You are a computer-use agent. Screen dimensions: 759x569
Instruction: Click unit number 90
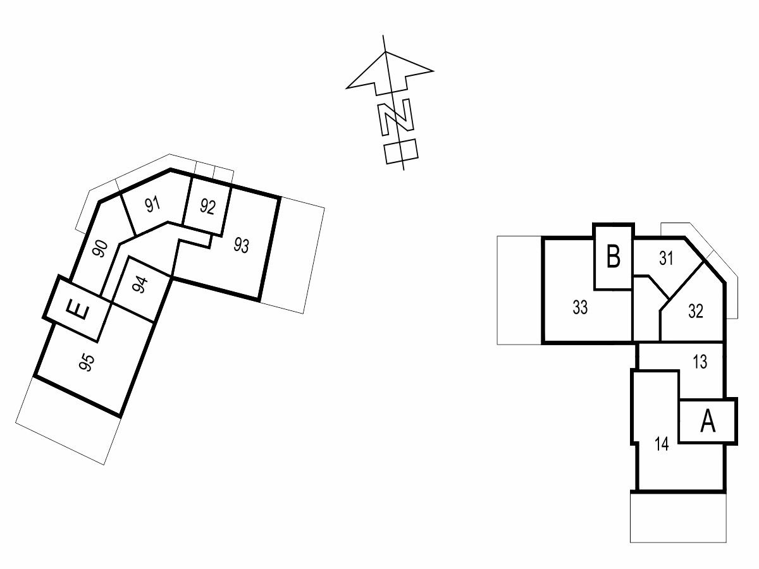(101, 248)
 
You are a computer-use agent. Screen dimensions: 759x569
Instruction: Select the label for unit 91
(152, 204)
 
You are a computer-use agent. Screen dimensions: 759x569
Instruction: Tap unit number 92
(208, 207)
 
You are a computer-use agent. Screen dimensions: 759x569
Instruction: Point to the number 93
(242, 245)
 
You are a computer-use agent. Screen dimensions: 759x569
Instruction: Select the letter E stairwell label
(78, 310)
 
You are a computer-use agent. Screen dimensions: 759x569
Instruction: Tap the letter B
(613, 256)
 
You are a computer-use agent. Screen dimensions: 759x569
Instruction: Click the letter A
(708, 421)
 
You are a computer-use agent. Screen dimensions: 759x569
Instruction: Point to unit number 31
(666, 258)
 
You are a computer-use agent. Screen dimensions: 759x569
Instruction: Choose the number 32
(696, 311)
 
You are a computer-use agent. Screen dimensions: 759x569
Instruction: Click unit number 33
(580, 307)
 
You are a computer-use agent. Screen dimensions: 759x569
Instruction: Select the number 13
(700, 362)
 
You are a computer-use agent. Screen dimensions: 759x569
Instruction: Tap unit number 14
(662, 444)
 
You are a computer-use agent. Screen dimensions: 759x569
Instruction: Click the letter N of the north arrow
(395, 117)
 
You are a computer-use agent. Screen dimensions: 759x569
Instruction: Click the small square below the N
(401, 151)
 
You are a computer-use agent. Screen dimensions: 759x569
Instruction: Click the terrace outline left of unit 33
(519, 290)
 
